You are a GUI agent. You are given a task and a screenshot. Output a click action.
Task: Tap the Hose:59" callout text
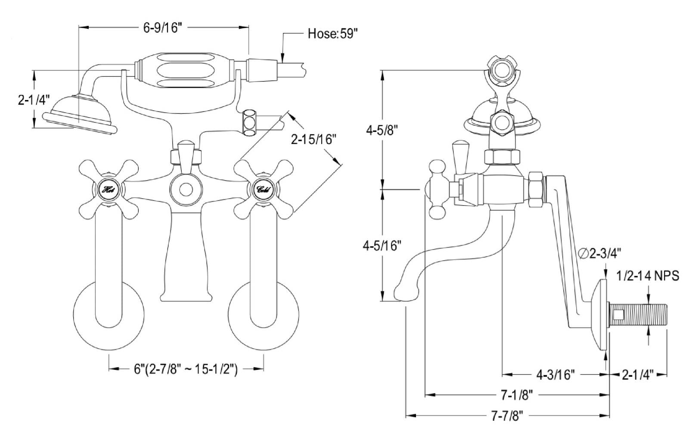333,34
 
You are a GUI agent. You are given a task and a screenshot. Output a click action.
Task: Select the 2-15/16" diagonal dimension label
312,140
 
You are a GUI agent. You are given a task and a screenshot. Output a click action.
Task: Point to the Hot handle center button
108,190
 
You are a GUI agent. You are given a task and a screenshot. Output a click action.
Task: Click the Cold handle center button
263,190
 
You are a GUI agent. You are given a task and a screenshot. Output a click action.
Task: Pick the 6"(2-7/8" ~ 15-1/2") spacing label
186,369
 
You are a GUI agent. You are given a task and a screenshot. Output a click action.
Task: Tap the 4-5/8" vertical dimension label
382,131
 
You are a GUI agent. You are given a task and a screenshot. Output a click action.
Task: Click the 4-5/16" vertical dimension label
382,246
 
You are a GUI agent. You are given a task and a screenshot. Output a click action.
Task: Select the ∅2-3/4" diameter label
599,253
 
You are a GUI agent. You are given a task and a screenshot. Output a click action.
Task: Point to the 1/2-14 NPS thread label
648,276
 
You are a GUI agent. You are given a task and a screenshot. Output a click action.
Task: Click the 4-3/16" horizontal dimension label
555,375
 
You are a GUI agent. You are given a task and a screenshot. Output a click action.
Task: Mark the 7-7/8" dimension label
507,416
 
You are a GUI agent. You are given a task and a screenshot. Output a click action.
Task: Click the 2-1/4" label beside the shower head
34,100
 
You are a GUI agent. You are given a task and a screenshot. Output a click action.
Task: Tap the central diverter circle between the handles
186,190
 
